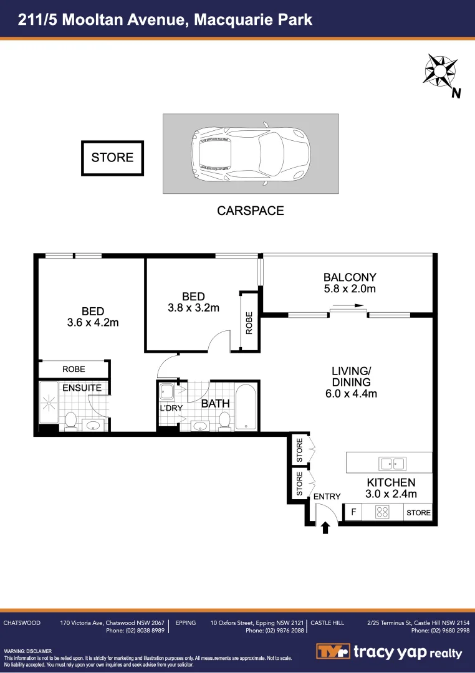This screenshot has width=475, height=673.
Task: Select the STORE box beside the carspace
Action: point(112,158)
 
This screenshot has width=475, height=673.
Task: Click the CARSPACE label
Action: point(250,211)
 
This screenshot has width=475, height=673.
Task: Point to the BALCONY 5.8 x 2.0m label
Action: point(349,283)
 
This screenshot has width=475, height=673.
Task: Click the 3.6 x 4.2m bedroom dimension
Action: point(92,322)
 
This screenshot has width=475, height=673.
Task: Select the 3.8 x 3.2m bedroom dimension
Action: point(193,307)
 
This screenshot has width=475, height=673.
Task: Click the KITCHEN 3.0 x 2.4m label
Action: point(391,488)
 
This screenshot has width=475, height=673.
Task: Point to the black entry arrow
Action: point(324,528)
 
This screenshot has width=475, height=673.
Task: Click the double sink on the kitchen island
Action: point(393,463)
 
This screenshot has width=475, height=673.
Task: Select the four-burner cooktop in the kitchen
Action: point(382,512)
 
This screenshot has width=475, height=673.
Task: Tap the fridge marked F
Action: point(353,512)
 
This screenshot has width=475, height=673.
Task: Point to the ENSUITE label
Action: point(82,388)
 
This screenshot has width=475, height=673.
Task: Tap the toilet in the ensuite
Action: point(71,421)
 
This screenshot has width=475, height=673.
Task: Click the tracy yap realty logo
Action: point(389,652)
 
